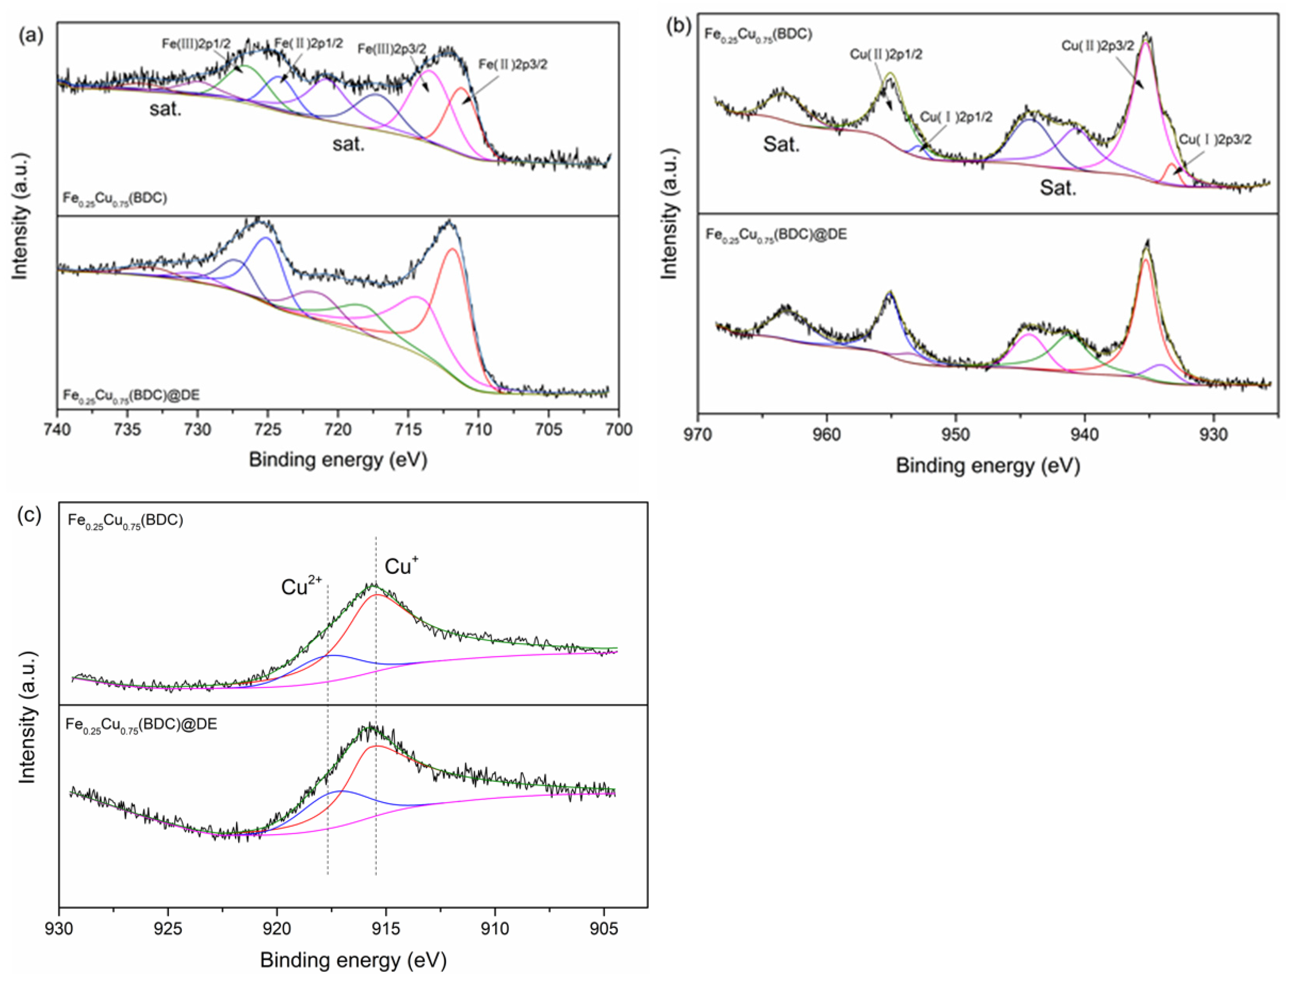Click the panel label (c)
29,515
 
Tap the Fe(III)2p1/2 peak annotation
196,44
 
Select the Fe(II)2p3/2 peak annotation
512,64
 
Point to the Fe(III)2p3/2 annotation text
392,49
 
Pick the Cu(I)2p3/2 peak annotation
1215,140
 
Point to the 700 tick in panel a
618,430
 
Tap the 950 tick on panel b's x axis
955,435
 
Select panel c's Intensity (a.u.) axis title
27,717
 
